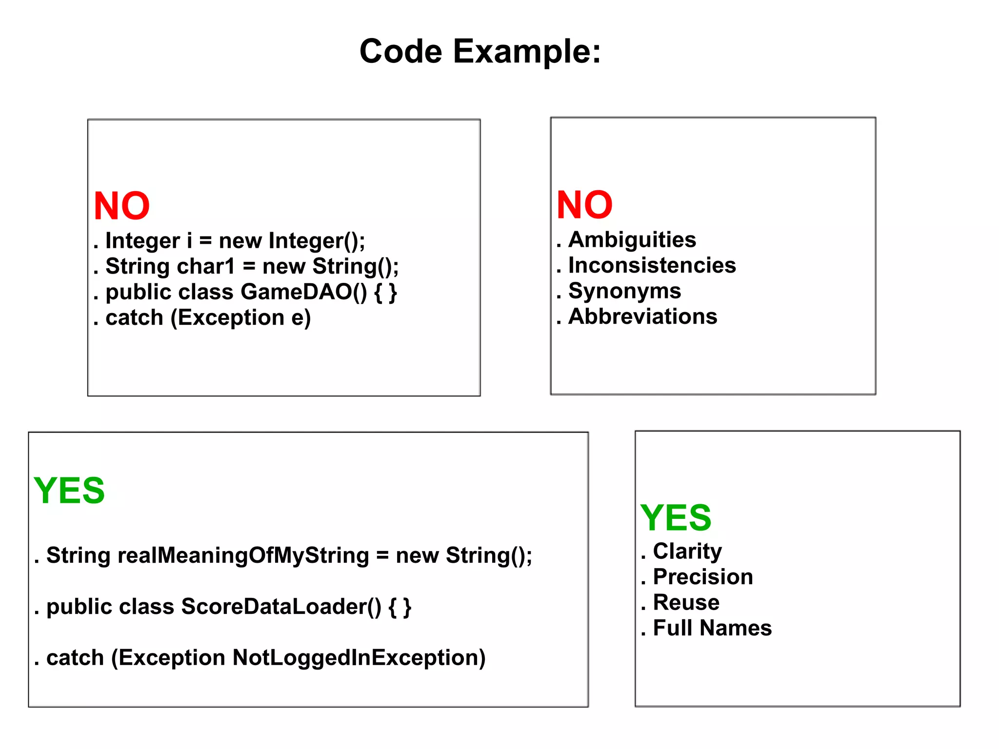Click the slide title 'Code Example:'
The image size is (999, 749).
click(x=480, y=51)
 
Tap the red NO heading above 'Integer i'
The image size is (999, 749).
click(x=121, y=206)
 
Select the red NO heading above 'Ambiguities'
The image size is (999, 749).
click(x=584, y=205)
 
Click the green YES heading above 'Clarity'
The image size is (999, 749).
click(x=676, y=518)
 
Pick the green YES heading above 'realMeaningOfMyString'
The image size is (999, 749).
click(x=69, y=491)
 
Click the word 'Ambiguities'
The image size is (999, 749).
click(x=632, y=240)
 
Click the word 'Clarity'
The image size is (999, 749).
click(x=687, y=552)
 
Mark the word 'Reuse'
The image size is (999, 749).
click(x=686, y=603)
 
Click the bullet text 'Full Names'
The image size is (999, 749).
click(x=712, y=628)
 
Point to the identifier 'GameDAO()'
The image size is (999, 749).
click(x=304, y=292)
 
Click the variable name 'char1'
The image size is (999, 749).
click(x=206, y=267)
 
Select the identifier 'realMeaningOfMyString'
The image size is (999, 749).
click(x=243, y=555)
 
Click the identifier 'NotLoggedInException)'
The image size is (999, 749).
click(x=359, y=658)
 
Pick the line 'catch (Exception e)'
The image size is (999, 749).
click(x=208, y=318)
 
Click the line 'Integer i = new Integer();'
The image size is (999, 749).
click(x=235, y=241)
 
